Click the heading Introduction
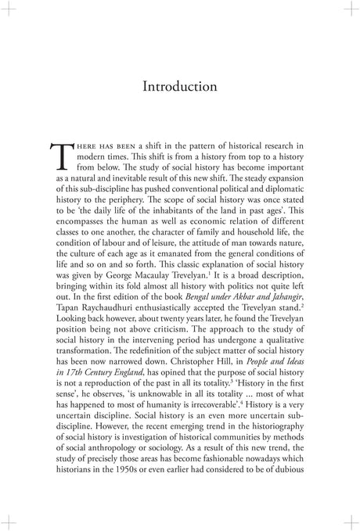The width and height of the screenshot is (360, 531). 180,87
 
